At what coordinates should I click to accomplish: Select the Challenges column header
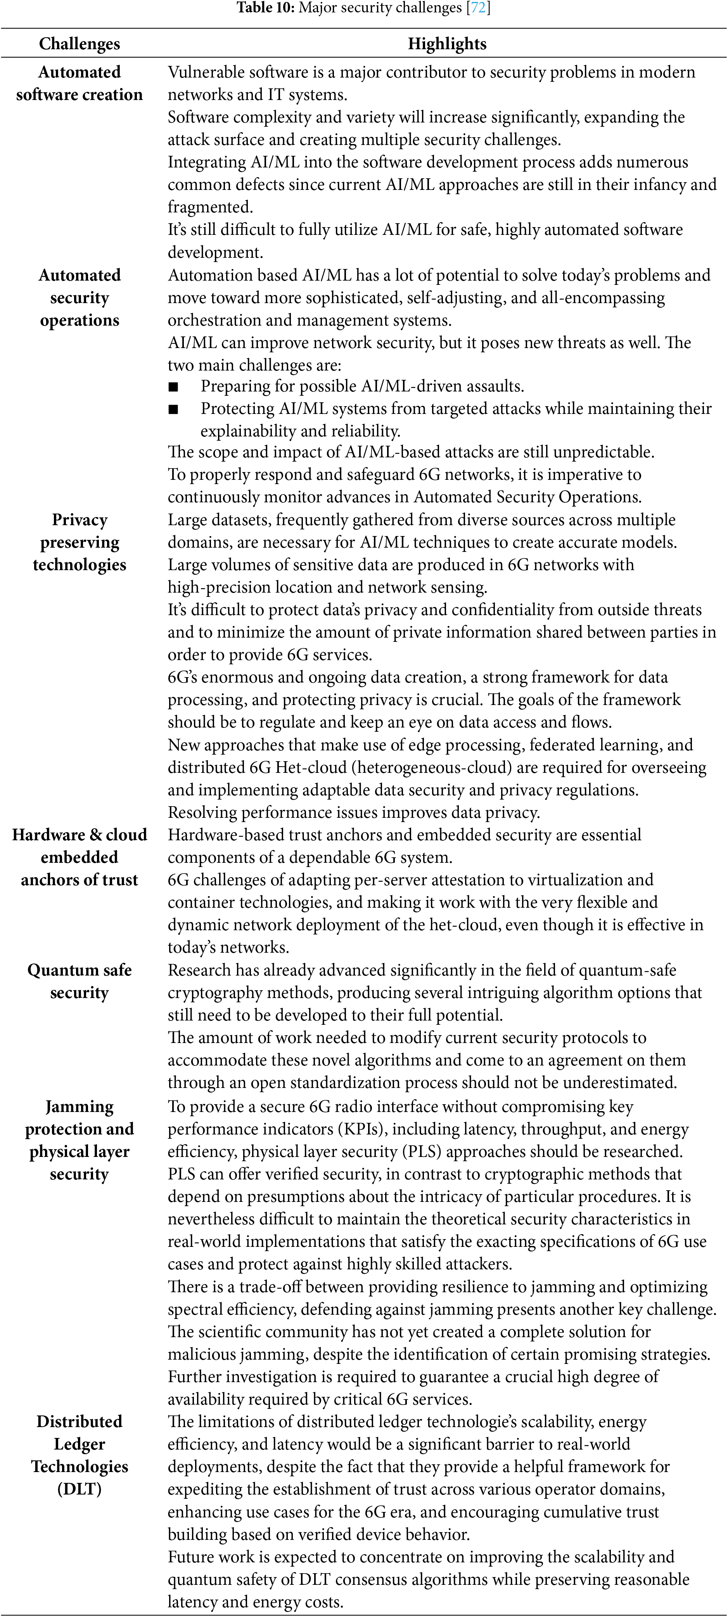[x=79, y=44]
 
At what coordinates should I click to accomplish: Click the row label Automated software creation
[x=79, y=83]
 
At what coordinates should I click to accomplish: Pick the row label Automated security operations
[x=79, y=298]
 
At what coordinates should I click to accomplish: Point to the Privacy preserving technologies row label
[x=79, y=542]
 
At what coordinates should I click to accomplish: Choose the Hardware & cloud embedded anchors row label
[x=79, y=857]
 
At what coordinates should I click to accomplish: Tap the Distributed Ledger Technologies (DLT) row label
[x=79, y=1455]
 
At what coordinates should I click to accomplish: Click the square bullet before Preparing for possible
[x=173, y=387]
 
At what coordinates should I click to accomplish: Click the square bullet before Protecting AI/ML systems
[x=173, y=409]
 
